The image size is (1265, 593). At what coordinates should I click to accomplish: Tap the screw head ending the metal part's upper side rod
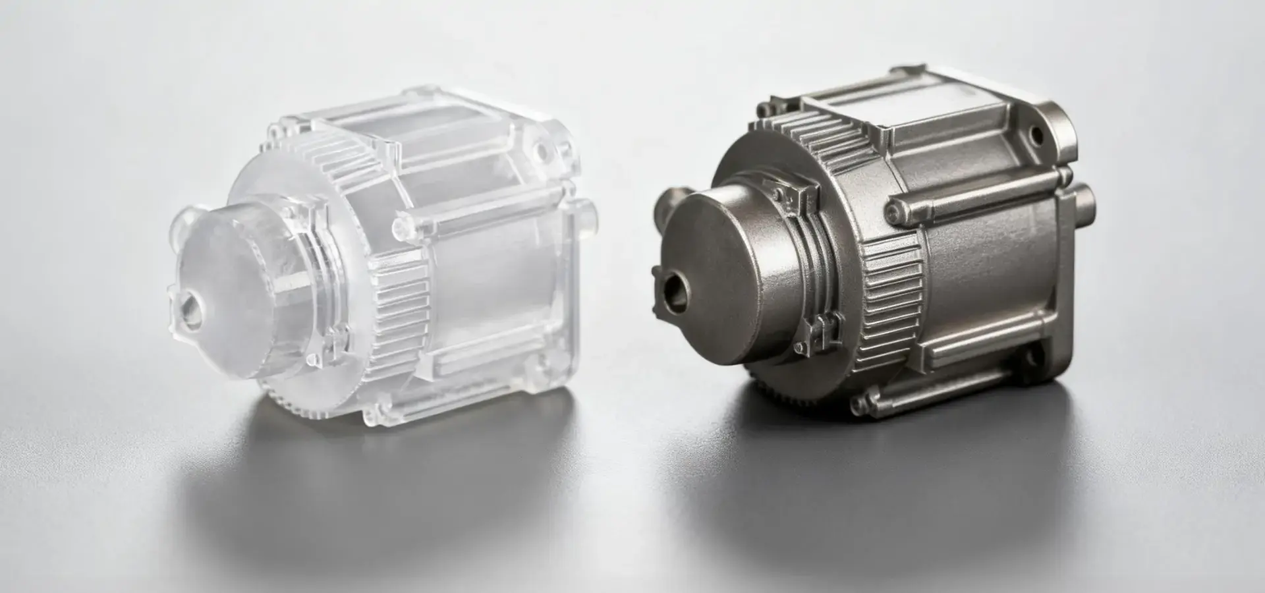893,210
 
